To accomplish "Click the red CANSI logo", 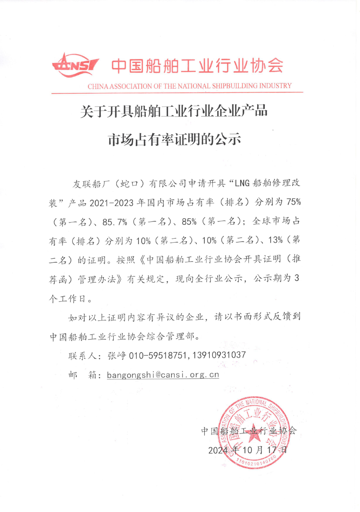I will [x=75, y=66].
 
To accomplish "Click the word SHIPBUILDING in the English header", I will [x=235, y=86].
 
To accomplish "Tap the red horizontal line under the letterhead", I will [x=177, y=93].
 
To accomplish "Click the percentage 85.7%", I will [x=115, y=222].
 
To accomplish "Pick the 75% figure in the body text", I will [x=293, y=202].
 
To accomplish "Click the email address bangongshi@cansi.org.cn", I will [x=163, y=375].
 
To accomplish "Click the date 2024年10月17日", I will [x=248, y=450].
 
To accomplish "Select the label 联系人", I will [x=82, y=356].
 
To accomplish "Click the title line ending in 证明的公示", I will [x=175, y=140].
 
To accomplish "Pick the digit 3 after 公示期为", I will [x=296, y=278].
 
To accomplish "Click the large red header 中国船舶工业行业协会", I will [x=197, y=66].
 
